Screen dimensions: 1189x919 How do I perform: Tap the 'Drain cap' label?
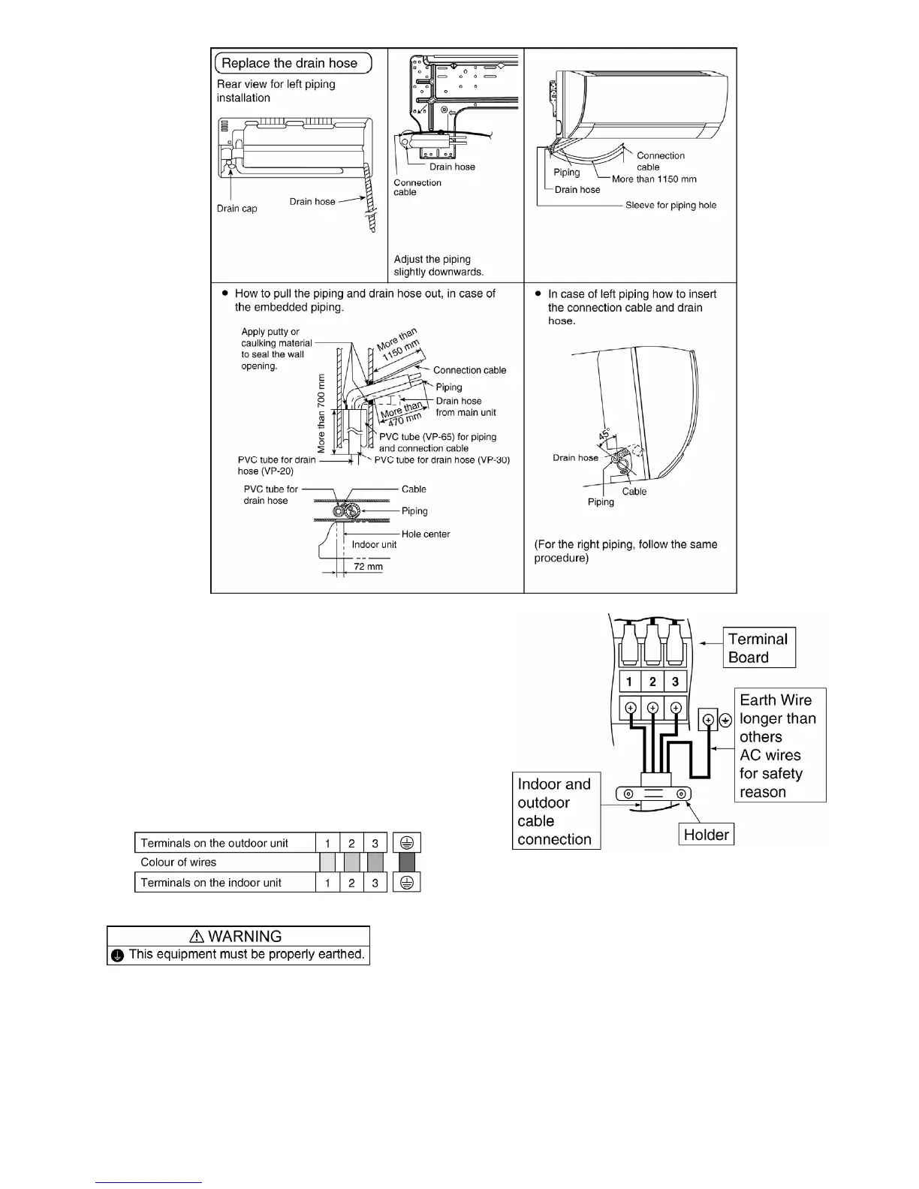pyautogui.click(x=237, y=209)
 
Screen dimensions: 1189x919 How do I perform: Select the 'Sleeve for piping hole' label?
pyautogui.click(x=670, y=205)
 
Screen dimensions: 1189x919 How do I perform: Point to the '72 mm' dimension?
pyautogui.click(x=368, y=567)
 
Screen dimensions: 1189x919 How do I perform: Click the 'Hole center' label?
pyautogui.click(x=425, y=534)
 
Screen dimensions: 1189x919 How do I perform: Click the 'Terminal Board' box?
pyautogui.click(x=758, y=648)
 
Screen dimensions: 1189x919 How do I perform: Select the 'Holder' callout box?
pyautogui.click(x=706, y=835)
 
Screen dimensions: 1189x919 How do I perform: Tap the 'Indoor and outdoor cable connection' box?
pyautogui.click(x=556, y=811)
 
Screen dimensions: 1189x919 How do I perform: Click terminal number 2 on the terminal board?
pyautogui.click(x=652, y=682)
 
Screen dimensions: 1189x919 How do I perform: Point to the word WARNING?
pyautogui.click(x=245, y=936)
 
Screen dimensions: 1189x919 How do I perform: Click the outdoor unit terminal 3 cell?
pyautogui.click(x=375, y=843)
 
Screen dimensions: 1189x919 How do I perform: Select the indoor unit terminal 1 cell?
pyautogui.click(x=327, y=883)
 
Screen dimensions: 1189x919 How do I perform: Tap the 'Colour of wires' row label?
pyautogui.click(x=179, y=862)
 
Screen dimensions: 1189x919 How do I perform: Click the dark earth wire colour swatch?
pyautogui.click(x=408, y=862)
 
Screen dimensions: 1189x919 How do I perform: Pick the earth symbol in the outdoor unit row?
pyautogui.click(x=408, y=843)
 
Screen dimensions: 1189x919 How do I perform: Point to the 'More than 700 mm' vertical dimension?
pyautogui.click(x=321, y=413)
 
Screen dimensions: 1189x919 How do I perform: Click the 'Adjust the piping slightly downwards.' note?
pyautogui.click(x=438, y=266)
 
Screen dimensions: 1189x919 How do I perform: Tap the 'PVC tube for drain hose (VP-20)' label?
pyautogui.click(x=276, y=465)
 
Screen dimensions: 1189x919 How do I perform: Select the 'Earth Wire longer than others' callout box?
pyautogui.click(x=781, y=745)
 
